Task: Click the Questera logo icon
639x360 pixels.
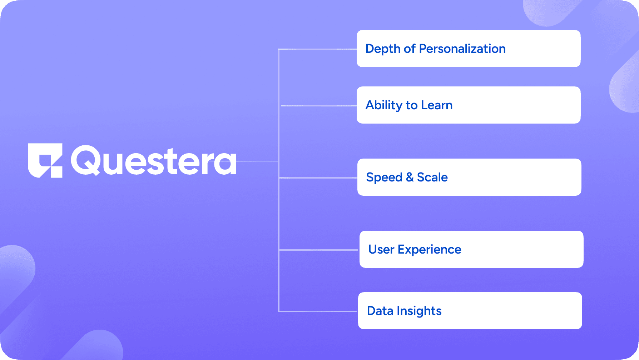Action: pos(45,160)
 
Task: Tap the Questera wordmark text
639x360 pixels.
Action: pos(154,160)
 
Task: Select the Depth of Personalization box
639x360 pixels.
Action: pos(469,49)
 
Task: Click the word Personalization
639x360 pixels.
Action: pos(462,49)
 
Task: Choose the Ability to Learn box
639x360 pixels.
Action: pos(469,105)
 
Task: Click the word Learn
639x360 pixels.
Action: pos(437,105)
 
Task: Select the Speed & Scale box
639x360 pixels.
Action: pos(469,177)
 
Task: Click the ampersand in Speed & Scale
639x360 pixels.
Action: pos(410,177)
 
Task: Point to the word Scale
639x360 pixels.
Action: pos(432,177)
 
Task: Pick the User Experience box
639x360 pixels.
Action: pos(471,249)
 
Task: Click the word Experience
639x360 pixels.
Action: pos(430,250)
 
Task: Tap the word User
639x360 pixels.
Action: pos(381,249)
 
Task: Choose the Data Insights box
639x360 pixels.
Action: pos(470,311)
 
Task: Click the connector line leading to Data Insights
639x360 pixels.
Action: pos(318,311)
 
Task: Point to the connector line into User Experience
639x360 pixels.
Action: pos(318,250)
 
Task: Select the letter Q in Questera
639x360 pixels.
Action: pos(85,160)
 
